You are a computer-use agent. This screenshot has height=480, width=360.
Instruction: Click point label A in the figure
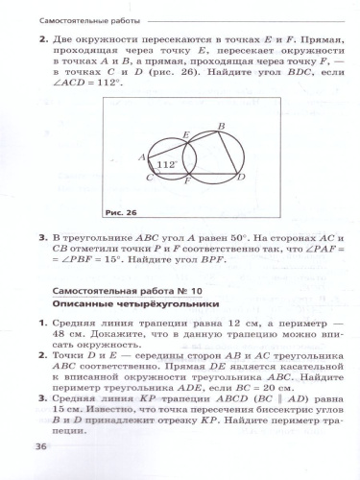click(141, 156)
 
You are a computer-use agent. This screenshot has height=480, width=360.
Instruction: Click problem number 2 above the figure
click(42, 40)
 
